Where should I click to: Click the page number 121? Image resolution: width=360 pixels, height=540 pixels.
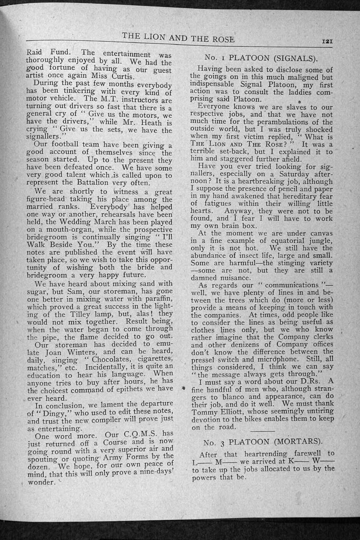tap(327, 41)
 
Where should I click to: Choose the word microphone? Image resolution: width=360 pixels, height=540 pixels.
tap(278, 359)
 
